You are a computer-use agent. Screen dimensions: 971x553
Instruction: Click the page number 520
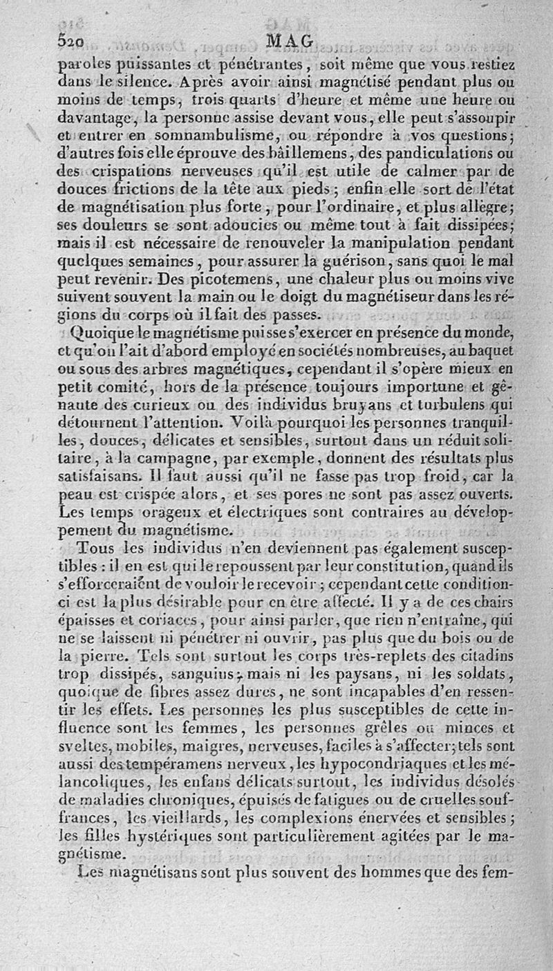pyautogui.click(x=71, y=41)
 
